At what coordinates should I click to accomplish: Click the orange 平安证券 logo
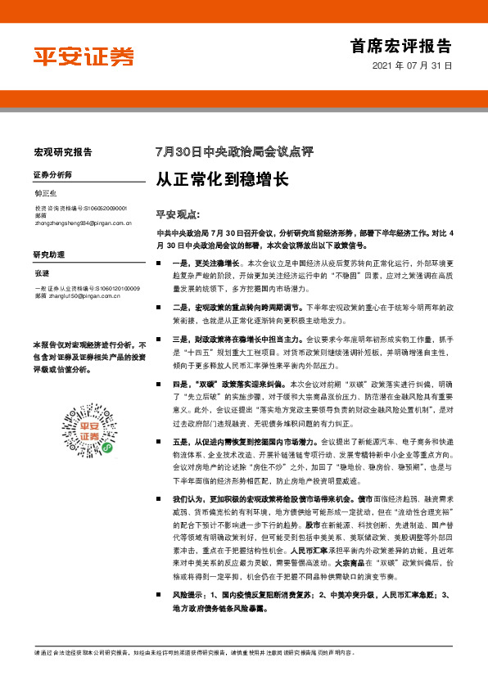83,56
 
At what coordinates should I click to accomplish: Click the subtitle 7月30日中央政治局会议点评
234,152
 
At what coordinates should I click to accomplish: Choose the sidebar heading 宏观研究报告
63,152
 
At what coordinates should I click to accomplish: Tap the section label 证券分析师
52,176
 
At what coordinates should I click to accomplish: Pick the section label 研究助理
47,254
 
